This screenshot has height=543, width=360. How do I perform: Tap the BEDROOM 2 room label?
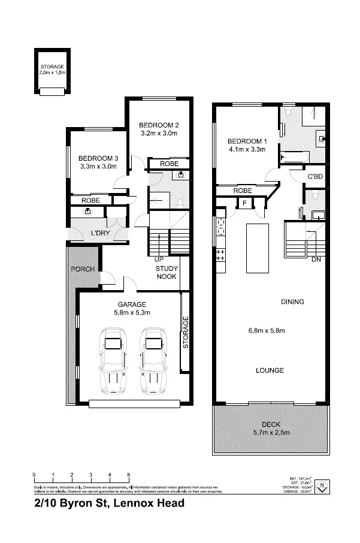tap(159, 125)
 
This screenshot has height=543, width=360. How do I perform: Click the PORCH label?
tap(83, 269)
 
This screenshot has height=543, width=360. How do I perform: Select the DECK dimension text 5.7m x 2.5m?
tap(270, 433)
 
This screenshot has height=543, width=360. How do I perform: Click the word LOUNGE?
tap(269, 370)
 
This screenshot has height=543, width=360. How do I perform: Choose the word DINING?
tap(292, 302)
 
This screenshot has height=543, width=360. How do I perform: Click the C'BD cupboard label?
tap(315, 177)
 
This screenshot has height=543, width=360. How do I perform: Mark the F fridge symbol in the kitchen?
tap(244, 204)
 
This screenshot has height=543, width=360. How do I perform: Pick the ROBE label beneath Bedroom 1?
tap(242, 191)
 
